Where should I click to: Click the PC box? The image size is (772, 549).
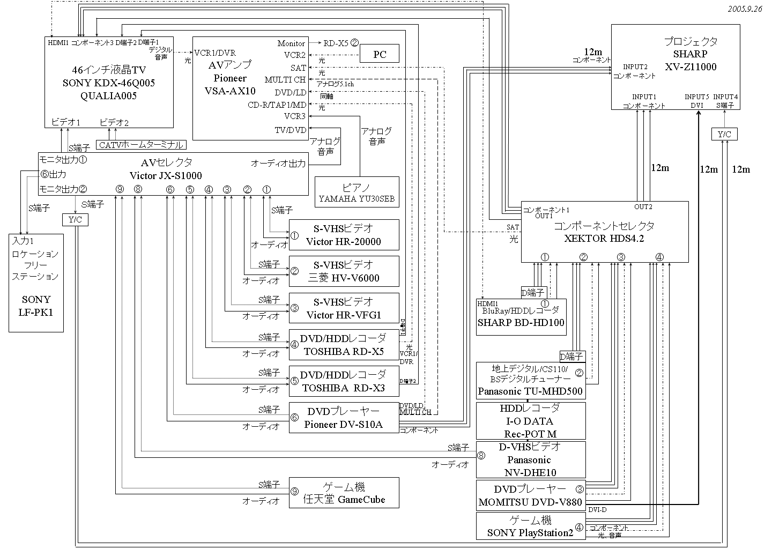pos(380,55)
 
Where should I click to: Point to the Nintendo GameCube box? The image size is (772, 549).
pos(344,493)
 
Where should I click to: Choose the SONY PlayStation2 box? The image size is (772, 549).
pos(530,526)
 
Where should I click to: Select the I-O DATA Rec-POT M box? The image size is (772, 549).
pos(530,421)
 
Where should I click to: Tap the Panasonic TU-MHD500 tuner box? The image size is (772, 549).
pos(530,381)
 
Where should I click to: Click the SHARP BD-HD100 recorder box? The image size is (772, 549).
pos(521,317)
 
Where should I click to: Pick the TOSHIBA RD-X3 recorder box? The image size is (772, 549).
pos(344,381)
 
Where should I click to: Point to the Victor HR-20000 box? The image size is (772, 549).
pos(344,235)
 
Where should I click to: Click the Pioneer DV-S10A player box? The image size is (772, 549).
pos(344,418)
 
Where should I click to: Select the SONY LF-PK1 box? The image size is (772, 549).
pos(36,283)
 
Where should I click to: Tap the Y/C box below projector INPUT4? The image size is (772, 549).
pos(724,134)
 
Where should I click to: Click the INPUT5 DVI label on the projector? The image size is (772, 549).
pos(697,101)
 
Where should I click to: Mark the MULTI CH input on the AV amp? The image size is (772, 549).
pos(285,80)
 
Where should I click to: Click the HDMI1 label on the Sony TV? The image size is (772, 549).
pos(58,42)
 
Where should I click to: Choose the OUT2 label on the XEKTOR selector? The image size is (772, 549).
pos(643,207)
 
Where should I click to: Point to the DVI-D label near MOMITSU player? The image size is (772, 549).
pos(597,509)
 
